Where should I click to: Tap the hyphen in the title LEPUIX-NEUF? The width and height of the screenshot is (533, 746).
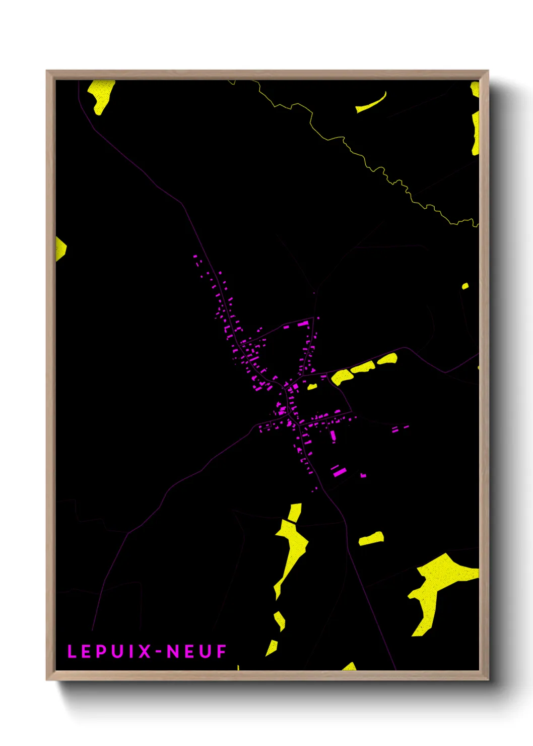pos(159,652)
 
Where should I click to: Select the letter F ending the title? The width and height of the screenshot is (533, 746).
pos(221,651)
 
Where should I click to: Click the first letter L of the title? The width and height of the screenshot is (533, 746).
pos(72,651)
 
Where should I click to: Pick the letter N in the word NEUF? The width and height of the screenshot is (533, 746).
pos(173,651)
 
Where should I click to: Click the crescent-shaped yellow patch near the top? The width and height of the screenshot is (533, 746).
pos(371,103)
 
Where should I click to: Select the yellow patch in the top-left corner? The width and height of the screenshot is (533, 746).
pos(101,95)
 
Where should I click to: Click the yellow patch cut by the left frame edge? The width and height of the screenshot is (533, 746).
pos(60,248)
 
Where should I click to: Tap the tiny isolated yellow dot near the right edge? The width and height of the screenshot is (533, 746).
pos(465,286)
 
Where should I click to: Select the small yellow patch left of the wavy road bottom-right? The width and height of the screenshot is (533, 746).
pos(371,539)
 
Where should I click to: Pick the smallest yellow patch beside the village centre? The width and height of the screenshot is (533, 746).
pos(312,387)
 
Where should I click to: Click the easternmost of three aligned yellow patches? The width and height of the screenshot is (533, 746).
pos(387,359)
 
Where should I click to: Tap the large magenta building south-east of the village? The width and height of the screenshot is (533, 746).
pos(340,472)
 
